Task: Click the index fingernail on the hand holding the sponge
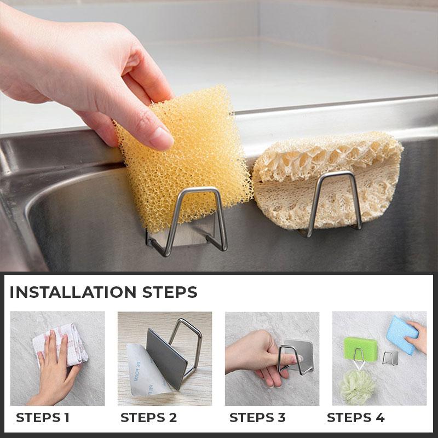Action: (161, 138)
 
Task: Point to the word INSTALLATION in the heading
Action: (73, 292)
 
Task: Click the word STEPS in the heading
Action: (170, 292)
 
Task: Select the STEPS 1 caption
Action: (43, 418)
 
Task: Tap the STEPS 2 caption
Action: (148, 418)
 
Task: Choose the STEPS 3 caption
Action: (257, 418)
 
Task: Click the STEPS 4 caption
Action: (355, 418)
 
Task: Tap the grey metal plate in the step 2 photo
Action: (167, 359)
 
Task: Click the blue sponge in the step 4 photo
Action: (402, 335)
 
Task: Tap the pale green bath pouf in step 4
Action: (358, 386)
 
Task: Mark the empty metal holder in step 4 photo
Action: (390, 358)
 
